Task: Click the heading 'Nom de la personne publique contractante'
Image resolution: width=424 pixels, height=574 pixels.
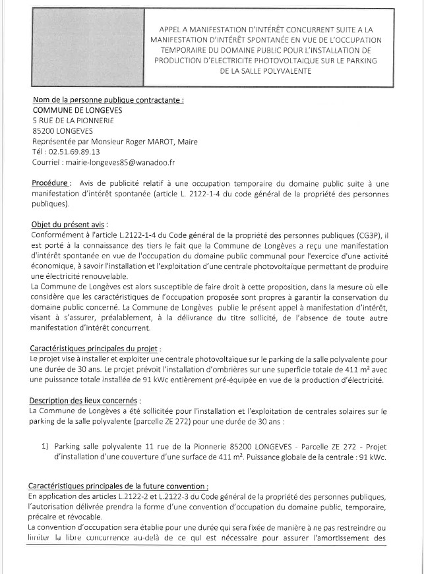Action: [107, 100]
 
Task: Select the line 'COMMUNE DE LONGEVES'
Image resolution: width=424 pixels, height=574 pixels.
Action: [77, 110]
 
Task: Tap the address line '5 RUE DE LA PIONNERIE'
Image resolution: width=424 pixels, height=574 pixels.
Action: [73, 121]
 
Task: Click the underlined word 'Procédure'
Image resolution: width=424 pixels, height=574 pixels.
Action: [50, 183]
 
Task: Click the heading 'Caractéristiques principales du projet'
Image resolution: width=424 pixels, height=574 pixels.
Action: [95, 348]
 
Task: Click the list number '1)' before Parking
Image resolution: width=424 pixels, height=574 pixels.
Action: [45, 446]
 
